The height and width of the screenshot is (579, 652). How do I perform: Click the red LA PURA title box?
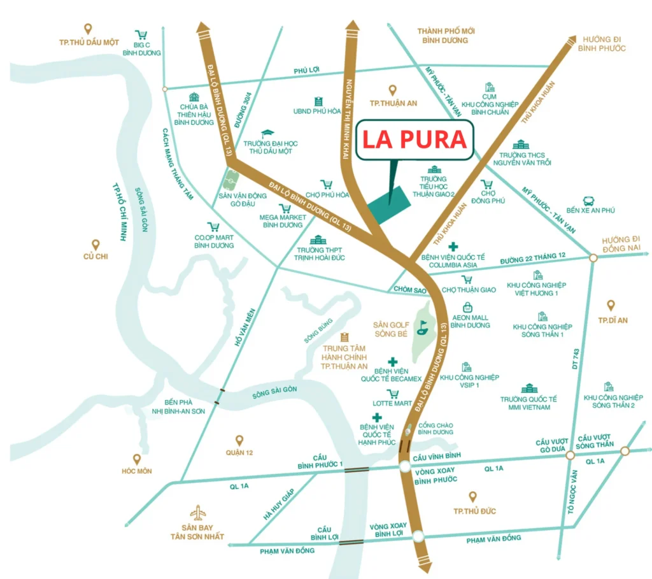[x=415, y=139]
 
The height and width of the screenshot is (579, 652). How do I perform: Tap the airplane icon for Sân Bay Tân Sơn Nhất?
[x=199, y=512]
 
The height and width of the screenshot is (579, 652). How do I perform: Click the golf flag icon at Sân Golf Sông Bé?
[x=421, y=328]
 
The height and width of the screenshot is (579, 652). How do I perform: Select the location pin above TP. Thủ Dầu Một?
[x=88, y=29]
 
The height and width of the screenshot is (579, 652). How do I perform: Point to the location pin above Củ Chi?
[x=96, y=245]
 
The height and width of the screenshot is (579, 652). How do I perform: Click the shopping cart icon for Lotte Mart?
[x=393, y=394]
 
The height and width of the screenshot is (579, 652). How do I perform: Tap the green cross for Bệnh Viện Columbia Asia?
[x=453, y=247]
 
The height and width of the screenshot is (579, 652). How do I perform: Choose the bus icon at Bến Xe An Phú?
[x=589, y=201]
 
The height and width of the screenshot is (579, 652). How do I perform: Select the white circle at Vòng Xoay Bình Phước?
[x=406, y=468]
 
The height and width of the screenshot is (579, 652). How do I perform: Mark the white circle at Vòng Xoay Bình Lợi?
[x=418, y=536]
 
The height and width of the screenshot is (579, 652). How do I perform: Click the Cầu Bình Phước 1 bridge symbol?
[x=357, y=469]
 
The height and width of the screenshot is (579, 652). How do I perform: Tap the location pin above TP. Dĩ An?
[x=611, y=306]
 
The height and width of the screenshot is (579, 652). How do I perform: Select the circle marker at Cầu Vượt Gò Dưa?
[x=570, y=455]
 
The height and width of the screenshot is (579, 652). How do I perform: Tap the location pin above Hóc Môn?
[x=136, y=459]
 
